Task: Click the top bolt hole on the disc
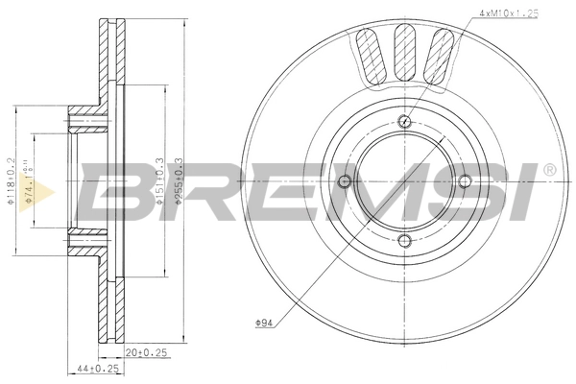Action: click(x=405, y=121)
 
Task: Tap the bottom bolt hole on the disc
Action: click(x=405, y=240)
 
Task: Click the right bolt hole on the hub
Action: click(x=465, y=180)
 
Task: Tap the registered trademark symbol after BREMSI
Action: click(x=548, y=170)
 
